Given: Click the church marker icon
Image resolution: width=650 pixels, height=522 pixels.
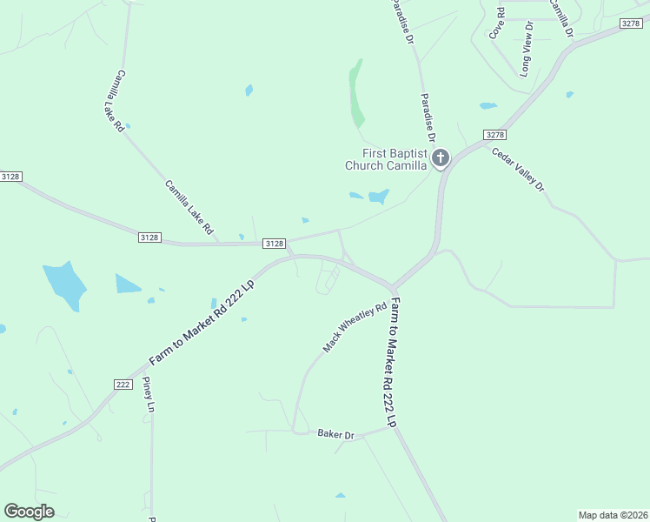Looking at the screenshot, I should [x=441, y=158].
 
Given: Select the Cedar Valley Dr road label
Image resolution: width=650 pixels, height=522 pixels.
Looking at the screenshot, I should [x=518, y=169].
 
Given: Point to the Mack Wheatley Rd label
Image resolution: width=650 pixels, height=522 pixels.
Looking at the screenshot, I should [x=355, y=328].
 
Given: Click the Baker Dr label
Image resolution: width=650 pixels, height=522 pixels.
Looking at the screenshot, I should [x=335, y=433].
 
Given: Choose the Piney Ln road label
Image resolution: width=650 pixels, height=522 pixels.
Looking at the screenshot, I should [x=149, y=395].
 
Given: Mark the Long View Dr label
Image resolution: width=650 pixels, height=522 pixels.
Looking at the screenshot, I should [x=527, y=47].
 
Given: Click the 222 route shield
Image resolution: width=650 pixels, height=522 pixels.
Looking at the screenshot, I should [x=123, y=384].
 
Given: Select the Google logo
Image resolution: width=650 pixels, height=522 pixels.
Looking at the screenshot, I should [x=29, y=512].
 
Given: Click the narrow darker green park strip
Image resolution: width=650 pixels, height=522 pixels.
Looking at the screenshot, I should [x=356, y=94].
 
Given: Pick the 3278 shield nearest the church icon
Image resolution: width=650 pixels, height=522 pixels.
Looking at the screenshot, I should [x=495, y=135].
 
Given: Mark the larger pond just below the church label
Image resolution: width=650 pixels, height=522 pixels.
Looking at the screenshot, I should [x=378, y=197].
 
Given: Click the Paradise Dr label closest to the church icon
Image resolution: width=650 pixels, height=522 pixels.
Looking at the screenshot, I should [x=427, y=118].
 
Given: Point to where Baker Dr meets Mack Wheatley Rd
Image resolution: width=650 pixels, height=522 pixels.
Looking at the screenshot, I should [x=295, y=431].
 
